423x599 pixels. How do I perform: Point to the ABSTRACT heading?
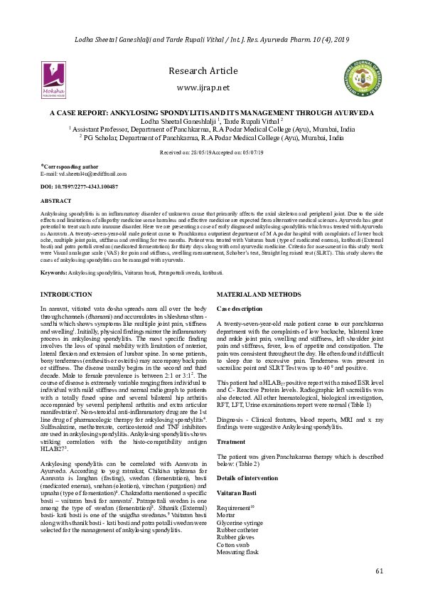[56, 201]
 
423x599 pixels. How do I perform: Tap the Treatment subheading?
[231, 442]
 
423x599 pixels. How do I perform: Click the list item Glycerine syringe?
[240, 521]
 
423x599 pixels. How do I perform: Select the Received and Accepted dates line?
[211, 152]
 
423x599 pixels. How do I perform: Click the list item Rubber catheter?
[237, 529]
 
